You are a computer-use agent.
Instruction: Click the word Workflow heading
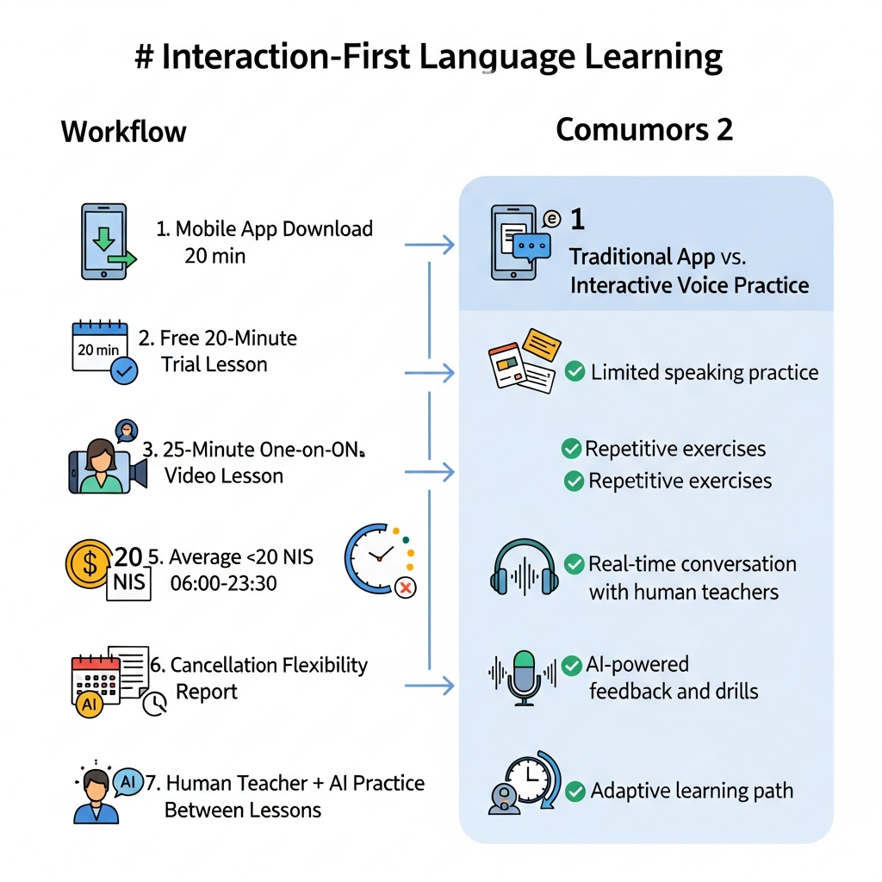[x=123, y=132]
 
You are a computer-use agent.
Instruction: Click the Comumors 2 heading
[x=644, y=129]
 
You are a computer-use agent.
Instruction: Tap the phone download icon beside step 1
[x=107, y=242]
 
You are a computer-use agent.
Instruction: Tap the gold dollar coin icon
[x=89, y=563]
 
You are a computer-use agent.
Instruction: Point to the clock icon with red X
[x=380, y=560]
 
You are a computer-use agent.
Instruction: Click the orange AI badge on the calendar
[x=90, y=705]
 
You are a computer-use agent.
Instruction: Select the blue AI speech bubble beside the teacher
[x=128, y=782]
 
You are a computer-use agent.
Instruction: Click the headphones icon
[x=525, y=567]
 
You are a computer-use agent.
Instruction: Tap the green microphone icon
[x=524, y=678]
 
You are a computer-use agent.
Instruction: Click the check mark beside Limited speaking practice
[x=575, y=371]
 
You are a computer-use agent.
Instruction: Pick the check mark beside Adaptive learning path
[x=575, y=791]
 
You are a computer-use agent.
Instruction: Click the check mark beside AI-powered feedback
[x=572, y=666]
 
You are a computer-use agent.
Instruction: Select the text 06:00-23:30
[x=223, y=583]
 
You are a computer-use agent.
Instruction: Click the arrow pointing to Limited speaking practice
[x=429, y=372]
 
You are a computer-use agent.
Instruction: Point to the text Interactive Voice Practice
[x=690, y=286]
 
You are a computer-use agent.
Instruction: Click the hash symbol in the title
[x=144, y=58]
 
